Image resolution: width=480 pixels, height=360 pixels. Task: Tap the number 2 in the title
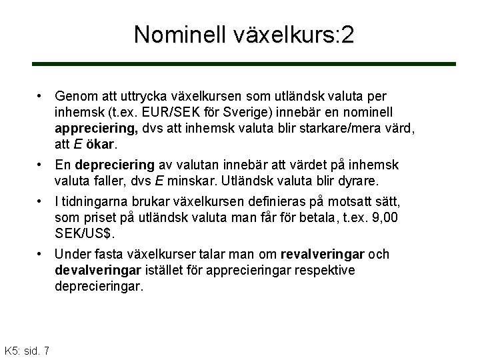347,35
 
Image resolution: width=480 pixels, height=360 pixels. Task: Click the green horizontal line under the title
244,64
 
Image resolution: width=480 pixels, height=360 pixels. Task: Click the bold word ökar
99,143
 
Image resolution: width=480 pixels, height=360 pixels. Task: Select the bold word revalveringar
323,255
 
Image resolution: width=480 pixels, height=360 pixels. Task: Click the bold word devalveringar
97,271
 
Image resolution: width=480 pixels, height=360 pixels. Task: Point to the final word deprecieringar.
99,287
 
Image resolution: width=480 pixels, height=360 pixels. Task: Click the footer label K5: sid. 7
27,351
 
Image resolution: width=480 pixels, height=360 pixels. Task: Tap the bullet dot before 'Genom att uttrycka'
41,96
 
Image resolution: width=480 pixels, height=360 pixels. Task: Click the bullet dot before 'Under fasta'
41,255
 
